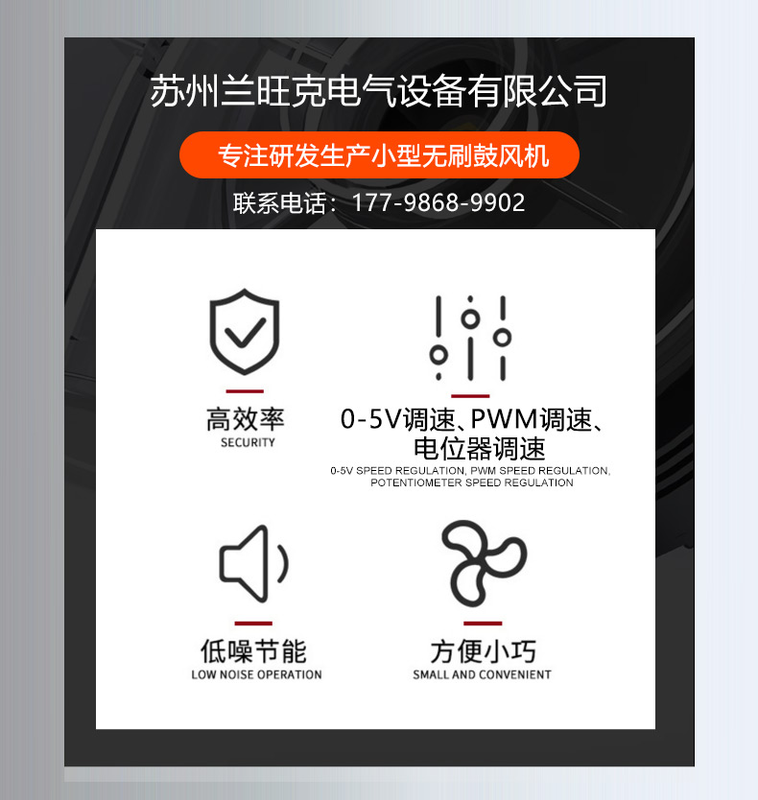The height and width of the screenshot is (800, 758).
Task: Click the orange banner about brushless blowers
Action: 379,155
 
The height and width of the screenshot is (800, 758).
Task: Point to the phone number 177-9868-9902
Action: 438,203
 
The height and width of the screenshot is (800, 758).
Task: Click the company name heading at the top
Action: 378,91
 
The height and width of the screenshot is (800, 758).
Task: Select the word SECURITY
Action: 248,442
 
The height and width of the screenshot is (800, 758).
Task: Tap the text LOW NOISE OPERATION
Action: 257,674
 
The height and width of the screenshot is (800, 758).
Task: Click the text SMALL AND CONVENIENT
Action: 482,674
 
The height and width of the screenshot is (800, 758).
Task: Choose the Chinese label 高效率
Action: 245,419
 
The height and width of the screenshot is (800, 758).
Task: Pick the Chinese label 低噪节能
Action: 253,651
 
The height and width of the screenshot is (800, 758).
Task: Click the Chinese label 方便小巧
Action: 483,651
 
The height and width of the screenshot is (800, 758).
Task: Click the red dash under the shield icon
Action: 245,391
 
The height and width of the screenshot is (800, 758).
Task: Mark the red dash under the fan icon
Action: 483,623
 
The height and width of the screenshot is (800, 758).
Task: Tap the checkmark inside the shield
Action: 245,332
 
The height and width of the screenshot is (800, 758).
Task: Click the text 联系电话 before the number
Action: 280,203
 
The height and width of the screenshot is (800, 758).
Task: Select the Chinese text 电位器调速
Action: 480,449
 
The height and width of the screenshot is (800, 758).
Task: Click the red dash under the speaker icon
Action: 253,623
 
